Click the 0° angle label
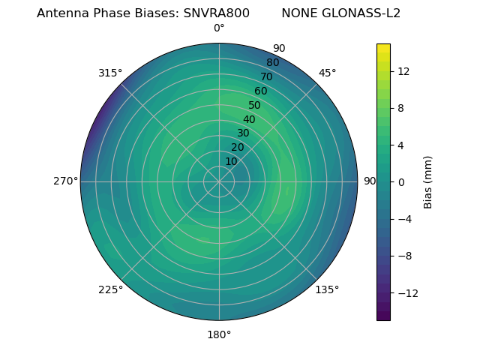(x=219, y=28)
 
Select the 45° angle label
(x=327, y=73)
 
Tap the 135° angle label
(x=327, y=290)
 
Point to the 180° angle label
(x=219, y=334)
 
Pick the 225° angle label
(x=110, y=290)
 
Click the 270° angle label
(x=66, y=181)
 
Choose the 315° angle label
(x=110, y=73)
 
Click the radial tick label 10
(x=231, y=161)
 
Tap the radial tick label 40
(x=249, y=119)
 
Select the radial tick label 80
(x=272, y=62)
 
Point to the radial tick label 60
(x=260, y=91)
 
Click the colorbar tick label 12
(x=403, y=71)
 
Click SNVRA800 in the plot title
(x=217, y=13)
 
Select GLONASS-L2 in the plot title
(x=363, y=13)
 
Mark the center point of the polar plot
(x=219, y=181)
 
